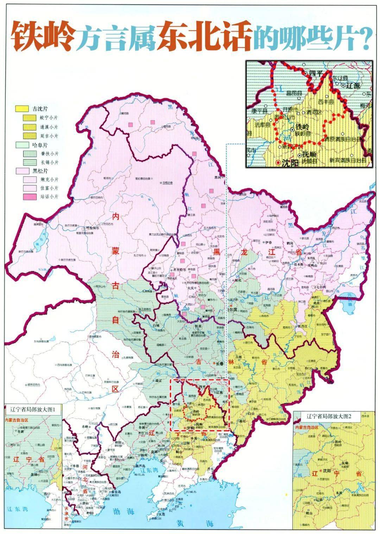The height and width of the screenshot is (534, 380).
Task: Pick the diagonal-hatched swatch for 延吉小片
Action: pos(30,136)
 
